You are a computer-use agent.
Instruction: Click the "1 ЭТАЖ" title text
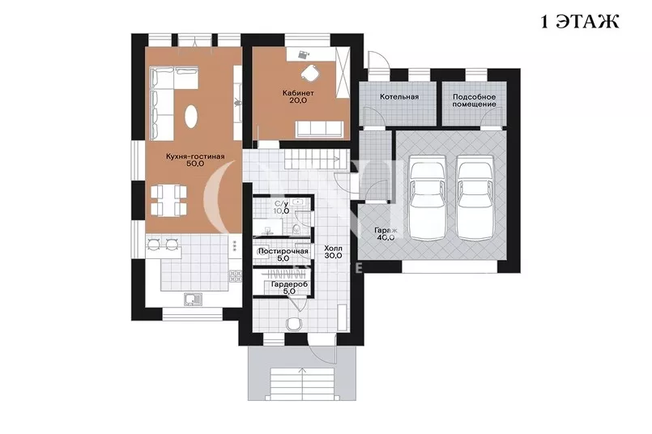pyautogui.click(x=580, y=22)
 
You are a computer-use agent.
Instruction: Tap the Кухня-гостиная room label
pyautogui.click(x=195, y=157)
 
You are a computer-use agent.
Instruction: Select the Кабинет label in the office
pyautogui.click(x=298, y=93)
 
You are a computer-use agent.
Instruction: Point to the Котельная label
pyautogui.click(x=399, y=97)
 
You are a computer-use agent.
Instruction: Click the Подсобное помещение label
pyautogui.click(x=474, y=100)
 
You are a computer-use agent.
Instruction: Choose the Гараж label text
pyautogui.click(x=386, y=230)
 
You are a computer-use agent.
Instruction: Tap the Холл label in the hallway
pyautogui.click(x=333, y=249)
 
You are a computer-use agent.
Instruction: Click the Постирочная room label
pyautogui.click(x=283, y=251)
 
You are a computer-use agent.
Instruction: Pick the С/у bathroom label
pyautogui.click(x=282, y=204)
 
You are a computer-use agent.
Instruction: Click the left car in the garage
pyautogui.click(x=428, y=198)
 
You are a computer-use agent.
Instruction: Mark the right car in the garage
pyautogui.click(x=475, y=198)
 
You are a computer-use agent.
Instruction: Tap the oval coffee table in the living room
pyautogui.click(x=191, y=117)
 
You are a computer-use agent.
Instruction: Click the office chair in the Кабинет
pyautogui.click(x=309, y=73)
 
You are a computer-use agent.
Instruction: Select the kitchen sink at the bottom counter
pyautogui.click(x=192, y=299)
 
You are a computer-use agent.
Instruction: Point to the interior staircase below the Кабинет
pyautogui.click(x=316, y=160)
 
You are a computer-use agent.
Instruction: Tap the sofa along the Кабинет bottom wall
pyautogui.click(x=320, y=130)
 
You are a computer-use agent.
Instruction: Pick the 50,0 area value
pyautogui.click(x=195, y=164)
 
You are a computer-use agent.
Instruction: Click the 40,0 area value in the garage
pyautogui.click(x=386, y=238)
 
